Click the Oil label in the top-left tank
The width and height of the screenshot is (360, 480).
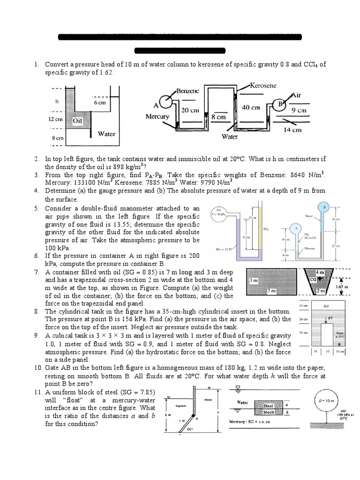point(77,121)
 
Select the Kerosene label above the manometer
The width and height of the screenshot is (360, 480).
point(263,86)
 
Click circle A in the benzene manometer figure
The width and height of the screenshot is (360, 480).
point(165,102)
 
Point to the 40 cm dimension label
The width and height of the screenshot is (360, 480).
point(251,107)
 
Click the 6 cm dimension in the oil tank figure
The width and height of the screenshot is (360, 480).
point(99,102)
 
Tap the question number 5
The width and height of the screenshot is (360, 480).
point(37,208)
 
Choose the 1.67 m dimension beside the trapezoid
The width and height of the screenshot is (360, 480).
point(342,286)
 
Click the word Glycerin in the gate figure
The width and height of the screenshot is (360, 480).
point(181,405)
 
